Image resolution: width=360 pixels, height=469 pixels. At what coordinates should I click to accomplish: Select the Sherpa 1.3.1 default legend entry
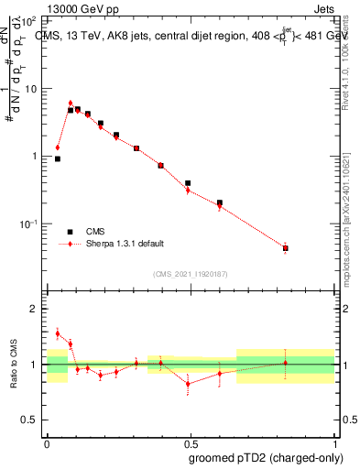point(125,244)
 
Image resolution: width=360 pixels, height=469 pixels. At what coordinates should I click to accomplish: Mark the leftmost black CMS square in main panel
point(58,158)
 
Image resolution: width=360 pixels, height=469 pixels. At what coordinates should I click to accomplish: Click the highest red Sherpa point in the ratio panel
point(58,333)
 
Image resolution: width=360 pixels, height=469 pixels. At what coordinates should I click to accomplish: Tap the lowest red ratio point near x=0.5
point(188,384)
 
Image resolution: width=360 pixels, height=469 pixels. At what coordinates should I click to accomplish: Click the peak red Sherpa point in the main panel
point(71,104)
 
